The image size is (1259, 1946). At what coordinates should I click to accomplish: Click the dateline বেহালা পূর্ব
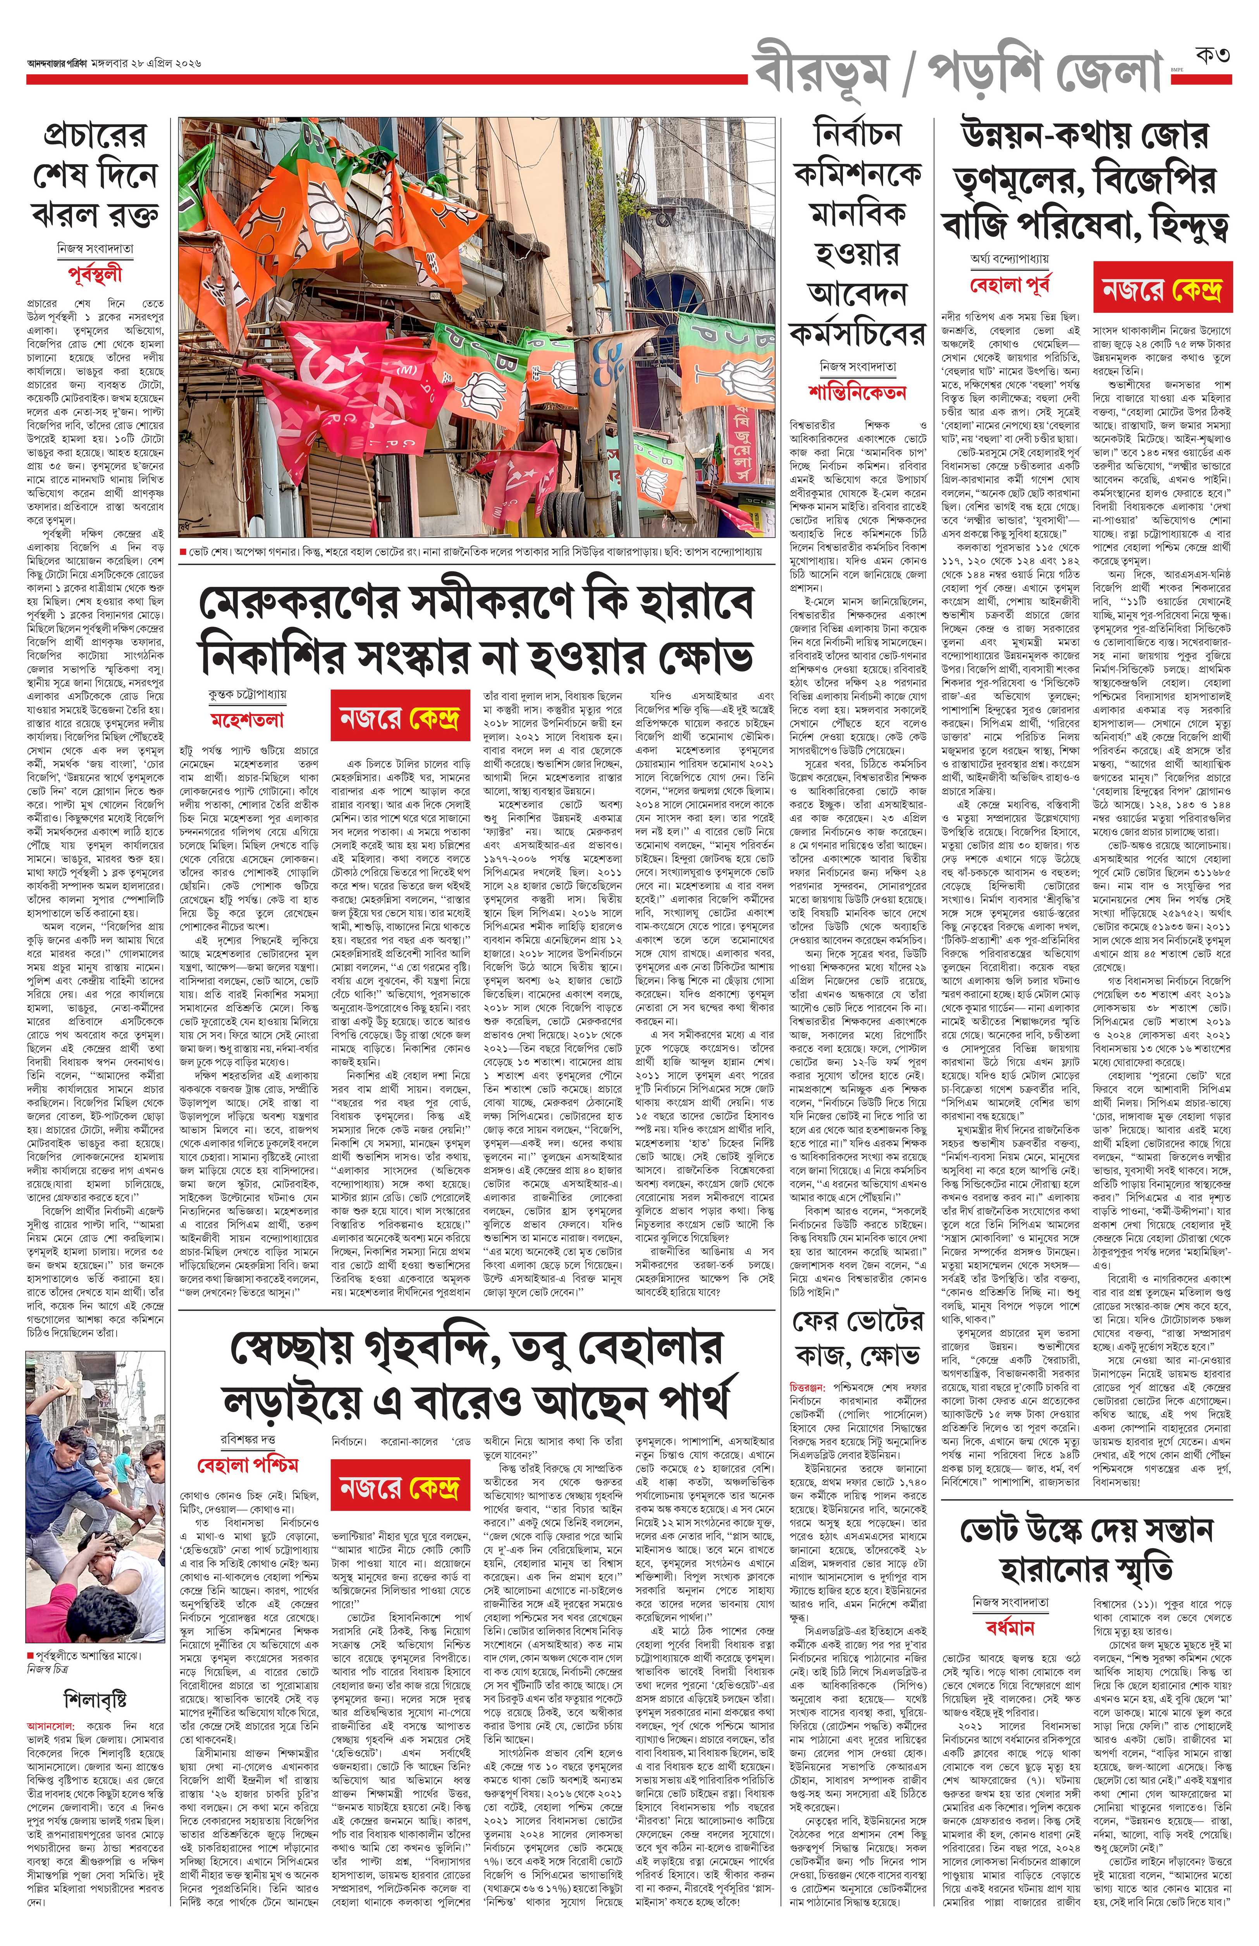point(1008,286)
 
